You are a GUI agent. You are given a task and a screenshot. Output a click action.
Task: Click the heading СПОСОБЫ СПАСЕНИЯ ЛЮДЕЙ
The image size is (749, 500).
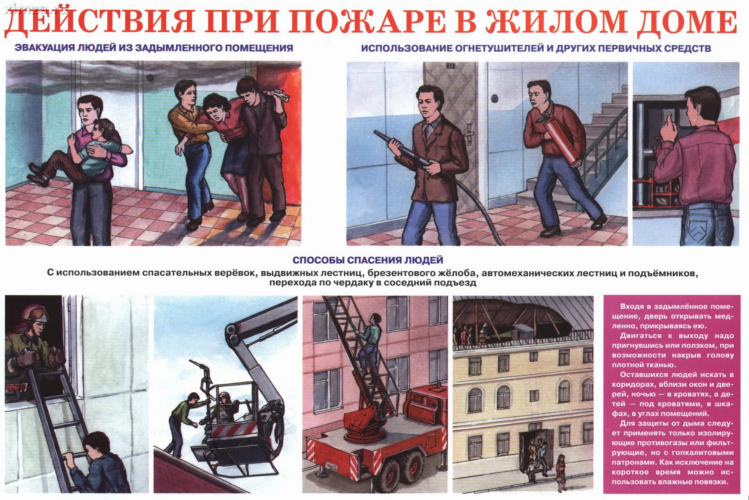point(368,260)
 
